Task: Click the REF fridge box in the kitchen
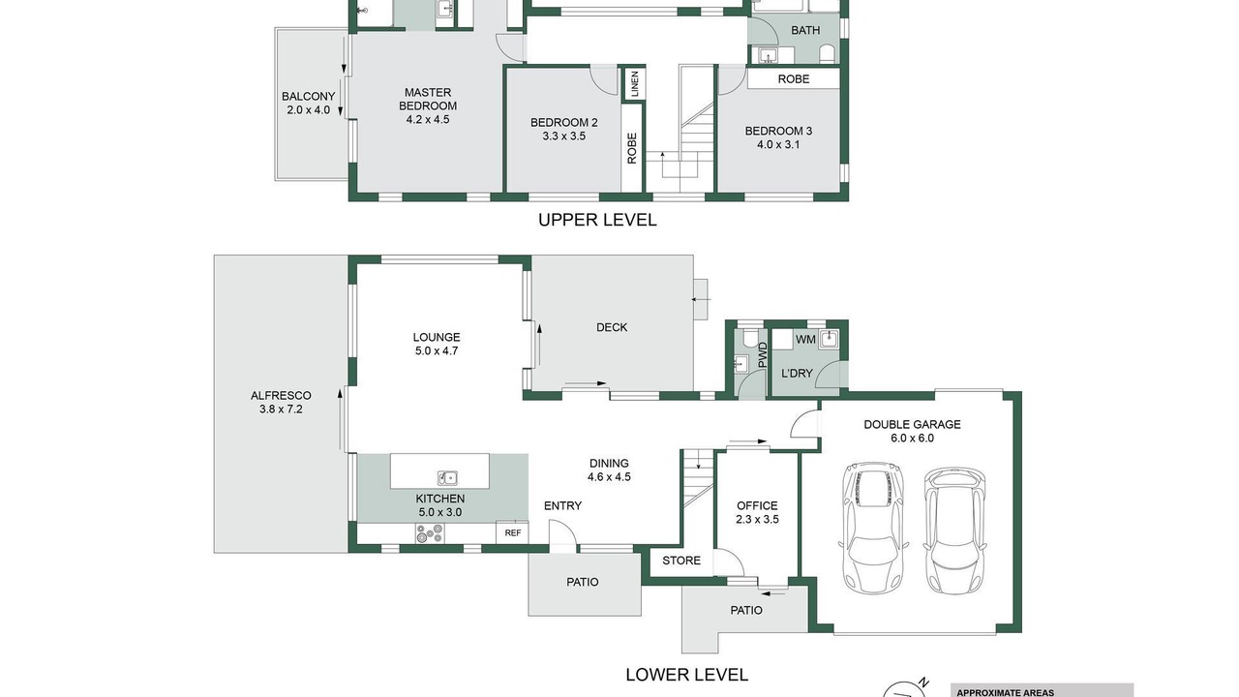(512, 532)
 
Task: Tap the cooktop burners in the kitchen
(430, 533)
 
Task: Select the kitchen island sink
(447, 477)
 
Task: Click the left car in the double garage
(872, 528)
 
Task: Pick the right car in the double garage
(954, 531)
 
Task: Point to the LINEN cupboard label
(634, 83)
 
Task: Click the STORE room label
(681, 561)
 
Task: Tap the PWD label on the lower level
(763, 355)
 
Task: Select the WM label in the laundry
(805, 339)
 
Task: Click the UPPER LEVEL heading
(597, 220)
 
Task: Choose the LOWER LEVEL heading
(686, 675)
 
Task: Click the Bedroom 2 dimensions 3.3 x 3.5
(563, 136)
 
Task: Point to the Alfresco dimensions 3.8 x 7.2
(281, 409)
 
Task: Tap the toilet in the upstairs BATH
(827, 53)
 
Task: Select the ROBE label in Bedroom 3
(794, 79)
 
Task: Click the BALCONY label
(308, 96)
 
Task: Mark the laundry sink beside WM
(830, 338)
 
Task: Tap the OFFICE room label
(757, 505)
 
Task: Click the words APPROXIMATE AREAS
(1005, 692)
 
